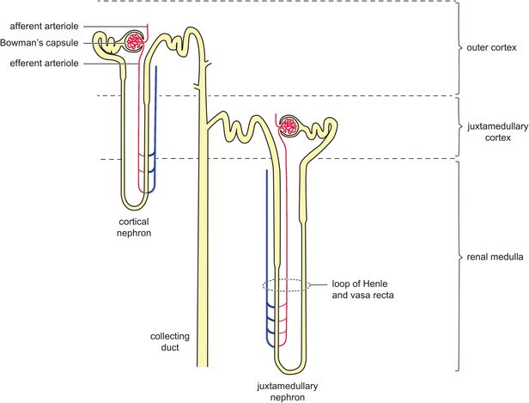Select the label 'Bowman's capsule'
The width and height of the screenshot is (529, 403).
(41, 42)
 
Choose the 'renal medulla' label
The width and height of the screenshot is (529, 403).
(495, 257)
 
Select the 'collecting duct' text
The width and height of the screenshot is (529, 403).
(169, 342)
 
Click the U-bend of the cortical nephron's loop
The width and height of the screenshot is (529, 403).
(136, 205)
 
